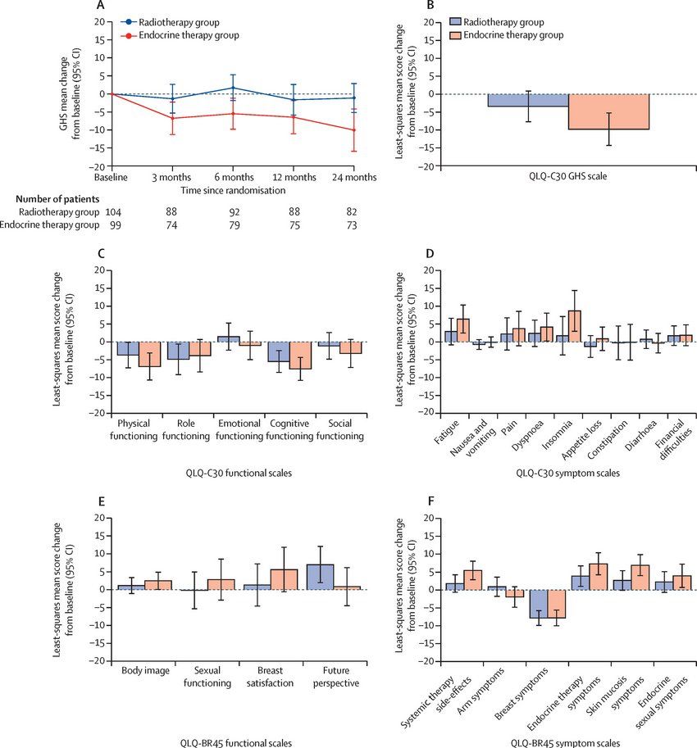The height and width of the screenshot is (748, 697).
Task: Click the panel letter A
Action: click(x=100, y=6)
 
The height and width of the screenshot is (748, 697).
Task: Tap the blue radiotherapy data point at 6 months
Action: click(x=233, y=88)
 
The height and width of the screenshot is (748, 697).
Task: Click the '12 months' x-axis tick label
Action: click(x=294, y=177)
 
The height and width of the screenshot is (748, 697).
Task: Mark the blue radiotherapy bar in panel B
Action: click(x=530, y=101)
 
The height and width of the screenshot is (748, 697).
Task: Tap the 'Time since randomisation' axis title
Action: click(x=233, y=190)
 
